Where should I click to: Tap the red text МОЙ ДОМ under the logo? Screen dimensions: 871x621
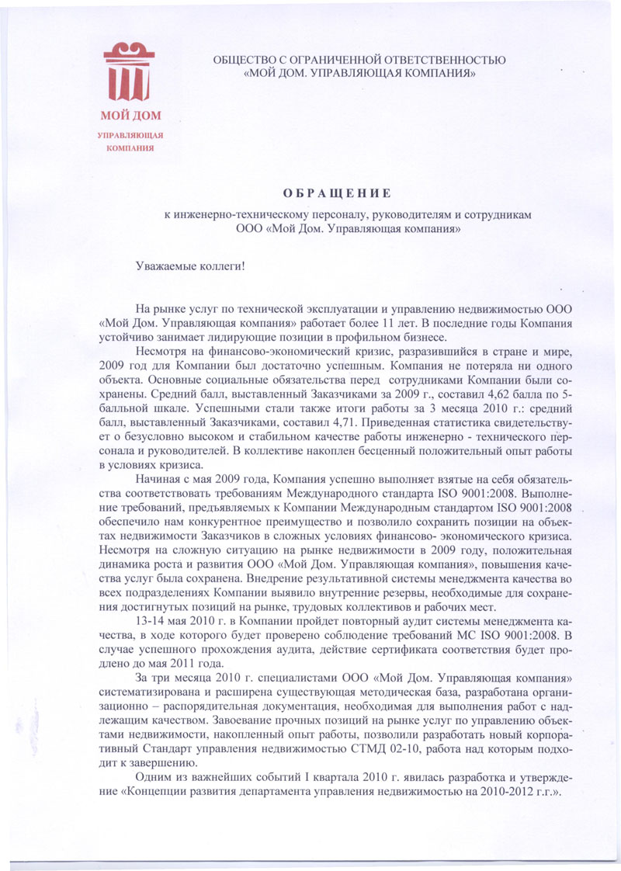click(x=129, y=116)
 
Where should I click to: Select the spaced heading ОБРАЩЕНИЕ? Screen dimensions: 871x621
click(x=336, y=192)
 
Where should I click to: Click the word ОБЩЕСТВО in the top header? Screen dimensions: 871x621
click(x=241, y=59)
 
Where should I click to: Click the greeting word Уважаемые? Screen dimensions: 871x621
click(x=167, y=266)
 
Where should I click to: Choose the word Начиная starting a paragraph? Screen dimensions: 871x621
click(x=158, y=477)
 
